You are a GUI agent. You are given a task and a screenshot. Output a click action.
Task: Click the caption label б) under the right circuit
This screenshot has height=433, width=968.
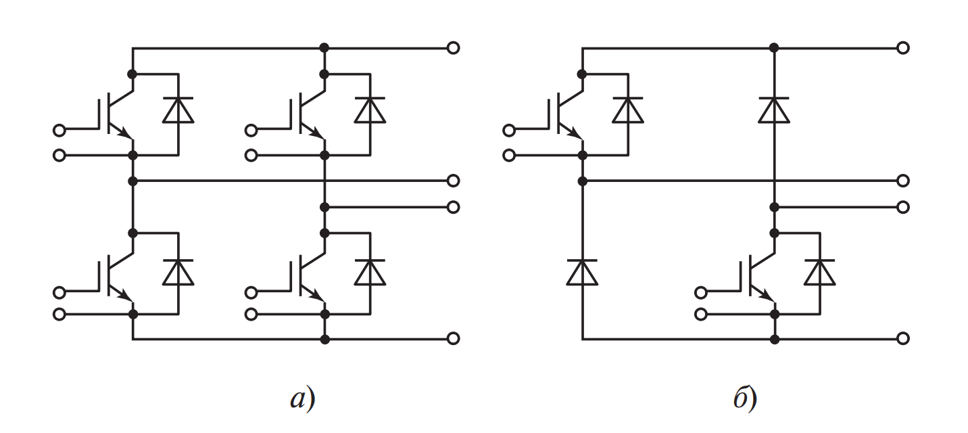745,400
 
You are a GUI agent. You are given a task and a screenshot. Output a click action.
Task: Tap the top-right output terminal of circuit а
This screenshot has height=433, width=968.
454,47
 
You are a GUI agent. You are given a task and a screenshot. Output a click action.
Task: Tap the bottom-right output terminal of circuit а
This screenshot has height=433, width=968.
454,338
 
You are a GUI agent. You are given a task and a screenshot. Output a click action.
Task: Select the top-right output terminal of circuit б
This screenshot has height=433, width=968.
903,47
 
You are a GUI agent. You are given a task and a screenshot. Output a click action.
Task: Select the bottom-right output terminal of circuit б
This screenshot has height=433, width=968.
903,338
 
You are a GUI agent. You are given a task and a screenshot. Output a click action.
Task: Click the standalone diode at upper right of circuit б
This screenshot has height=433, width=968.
774,110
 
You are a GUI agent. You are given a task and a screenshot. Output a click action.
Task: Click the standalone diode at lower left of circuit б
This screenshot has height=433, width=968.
582,272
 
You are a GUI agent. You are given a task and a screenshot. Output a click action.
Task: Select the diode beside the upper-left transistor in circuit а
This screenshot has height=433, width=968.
178,110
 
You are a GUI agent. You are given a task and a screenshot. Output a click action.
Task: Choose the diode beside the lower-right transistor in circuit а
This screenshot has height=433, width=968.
370,272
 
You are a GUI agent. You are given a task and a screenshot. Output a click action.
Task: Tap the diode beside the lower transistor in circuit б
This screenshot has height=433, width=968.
819,272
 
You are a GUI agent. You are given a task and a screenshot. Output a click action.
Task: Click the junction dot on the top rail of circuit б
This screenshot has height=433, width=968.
774,47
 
